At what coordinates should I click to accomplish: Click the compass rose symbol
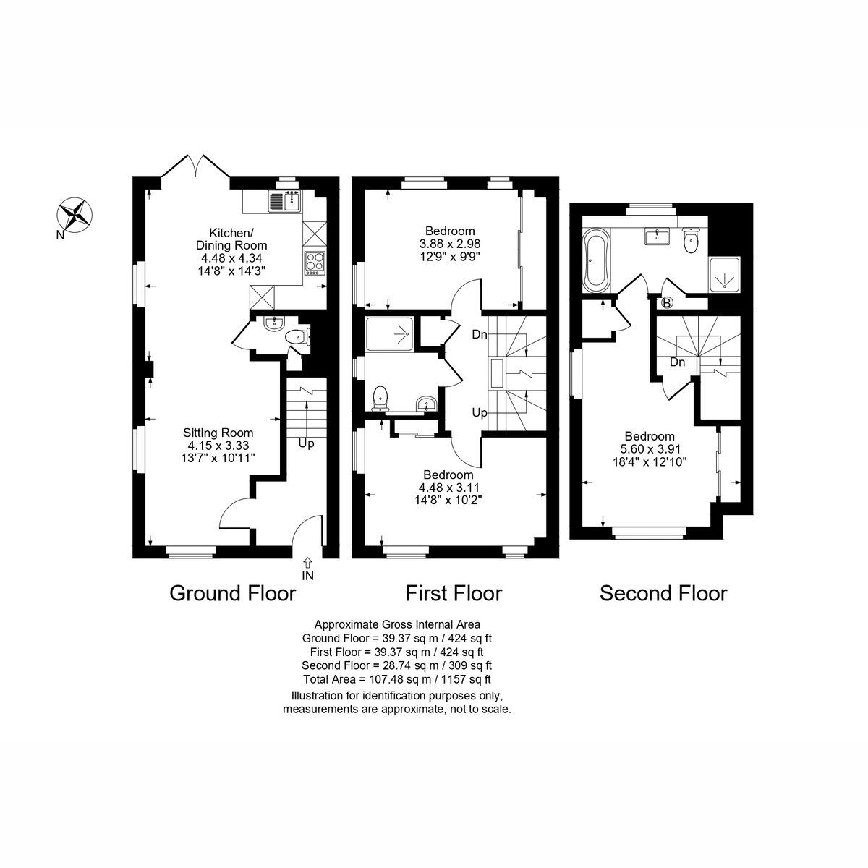(75, 216)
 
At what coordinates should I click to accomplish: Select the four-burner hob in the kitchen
(315, 263)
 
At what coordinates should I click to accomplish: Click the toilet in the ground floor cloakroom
(298, 337)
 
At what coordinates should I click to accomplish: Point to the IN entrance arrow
(307, 562)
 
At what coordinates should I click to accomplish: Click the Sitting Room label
(218, 433)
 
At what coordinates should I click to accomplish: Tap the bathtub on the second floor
(596, 259)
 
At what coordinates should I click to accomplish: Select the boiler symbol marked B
(667, 303)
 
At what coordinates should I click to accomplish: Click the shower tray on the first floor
(389, 333)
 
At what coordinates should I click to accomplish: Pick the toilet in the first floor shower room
(380, 399)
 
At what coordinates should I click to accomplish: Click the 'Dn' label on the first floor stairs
(480, 335)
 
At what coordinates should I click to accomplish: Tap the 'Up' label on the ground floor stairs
(306, 443)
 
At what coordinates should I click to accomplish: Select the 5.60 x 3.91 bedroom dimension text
(650, 448)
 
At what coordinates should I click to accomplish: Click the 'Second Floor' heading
(663, 593)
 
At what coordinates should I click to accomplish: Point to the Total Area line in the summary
(397, 678)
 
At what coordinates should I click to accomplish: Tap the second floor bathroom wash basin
(658, 237)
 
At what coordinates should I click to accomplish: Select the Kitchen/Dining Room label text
(231, 239)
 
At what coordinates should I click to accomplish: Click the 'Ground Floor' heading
(232, 593)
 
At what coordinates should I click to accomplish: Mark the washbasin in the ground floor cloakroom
(273, 323)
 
